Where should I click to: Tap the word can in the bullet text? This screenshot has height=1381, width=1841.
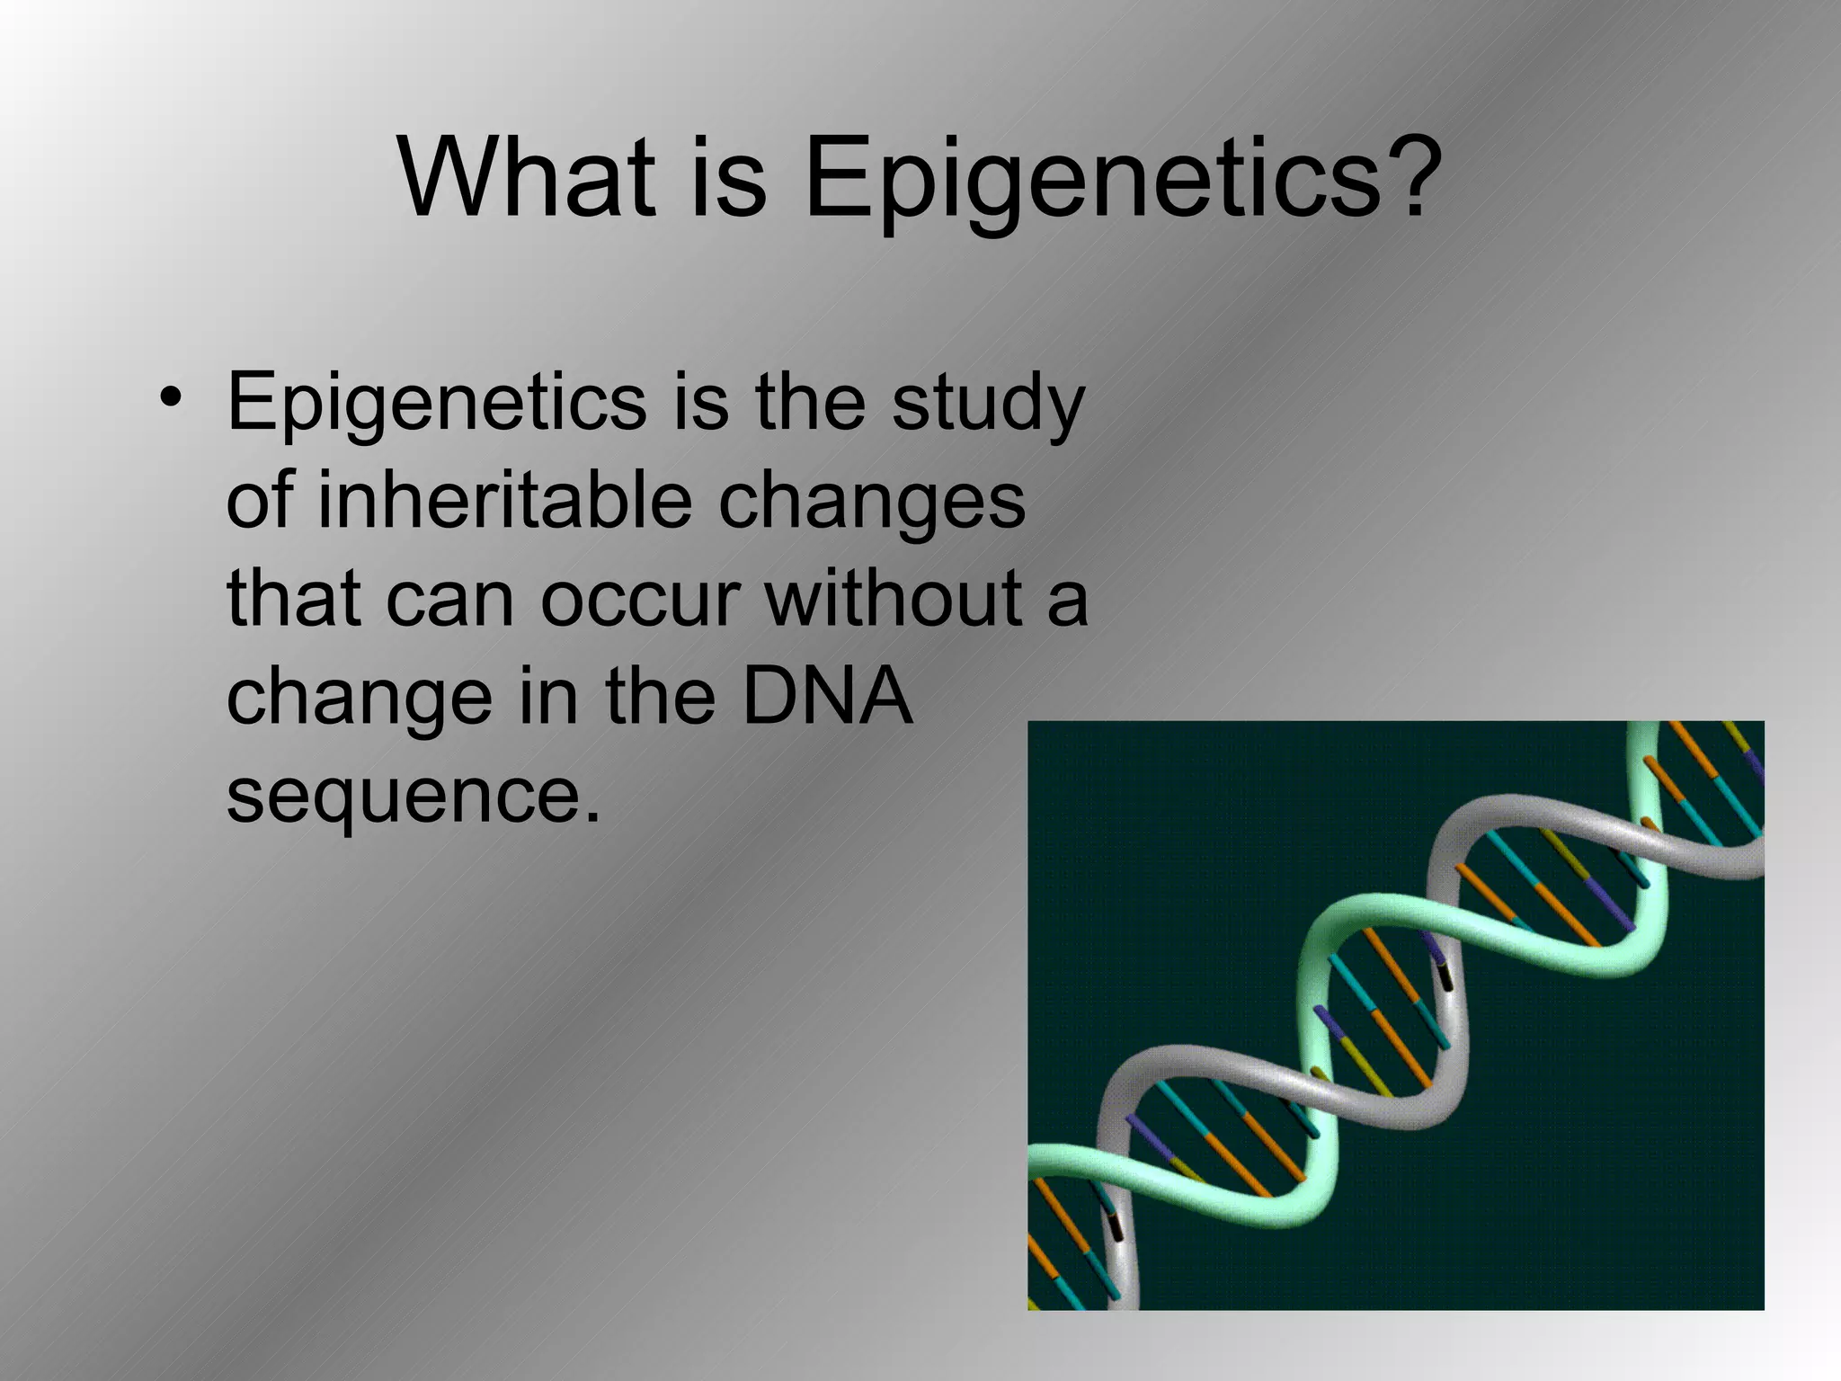pos(450,601)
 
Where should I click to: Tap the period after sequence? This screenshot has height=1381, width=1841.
pos(591,816)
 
